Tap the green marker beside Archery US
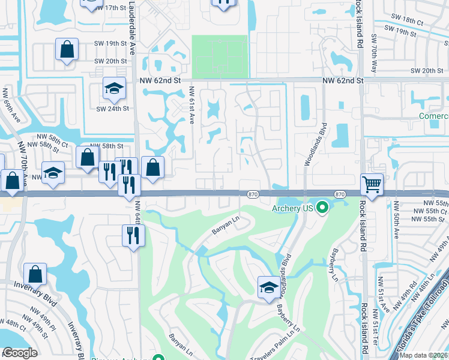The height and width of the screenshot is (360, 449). click(322, 208)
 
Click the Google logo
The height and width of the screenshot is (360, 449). click(20, 353)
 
